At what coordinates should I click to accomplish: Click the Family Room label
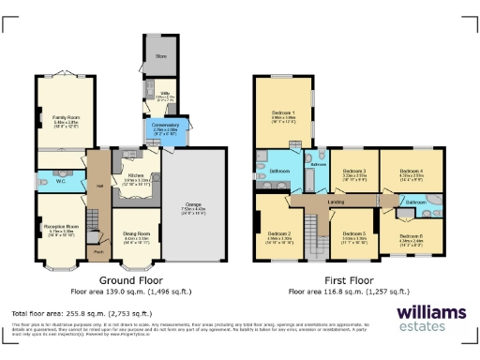click(x=65, y=116)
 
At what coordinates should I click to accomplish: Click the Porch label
click(x=98, y=252)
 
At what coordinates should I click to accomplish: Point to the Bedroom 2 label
click(x=278, y=232)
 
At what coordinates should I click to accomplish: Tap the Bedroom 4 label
click(x=412, y=171)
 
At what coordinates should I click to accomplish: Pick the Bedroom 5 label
click(x=354, y=232)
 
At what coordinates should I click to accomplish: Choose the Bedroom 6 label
click(x=412, y=235)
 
